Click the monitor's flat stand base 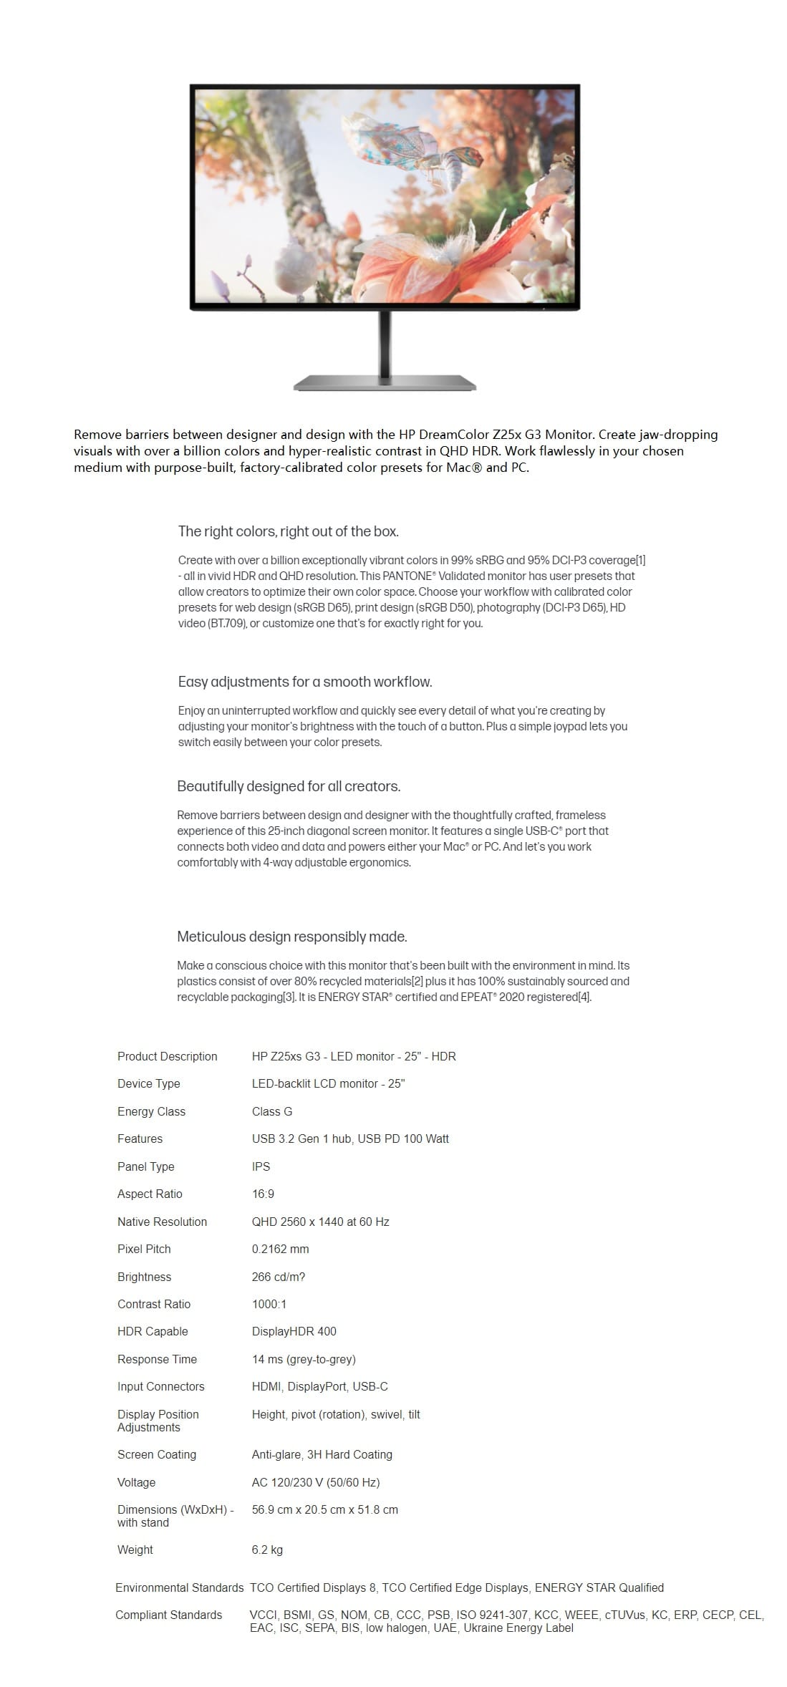385,383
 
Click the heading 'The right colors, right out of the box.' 288,531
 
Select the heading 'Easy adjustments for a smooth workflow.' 304,682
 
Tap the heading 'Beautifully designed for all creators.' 289,786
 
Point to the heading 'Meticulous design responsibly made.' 291,937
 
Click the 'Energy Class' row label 151,1111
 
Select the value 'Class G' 272,1111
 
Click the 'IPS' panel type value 261,1166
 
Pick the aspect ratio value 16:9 263,1194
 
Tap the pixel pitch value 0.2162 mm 280,1249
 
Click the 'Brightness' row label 144,1277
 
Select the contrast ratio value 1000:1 269,1304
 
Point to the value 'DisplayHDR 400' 294,1331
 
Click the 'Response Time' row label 157,1359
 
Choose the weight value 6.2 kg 267,1550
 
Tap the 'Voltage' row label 136,1482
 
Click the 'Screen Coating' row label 156,1454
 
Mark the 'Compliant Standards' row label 168,1615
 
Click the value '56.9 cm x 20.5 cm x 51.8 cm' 324,1509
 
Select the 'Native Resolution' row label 162,1222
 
